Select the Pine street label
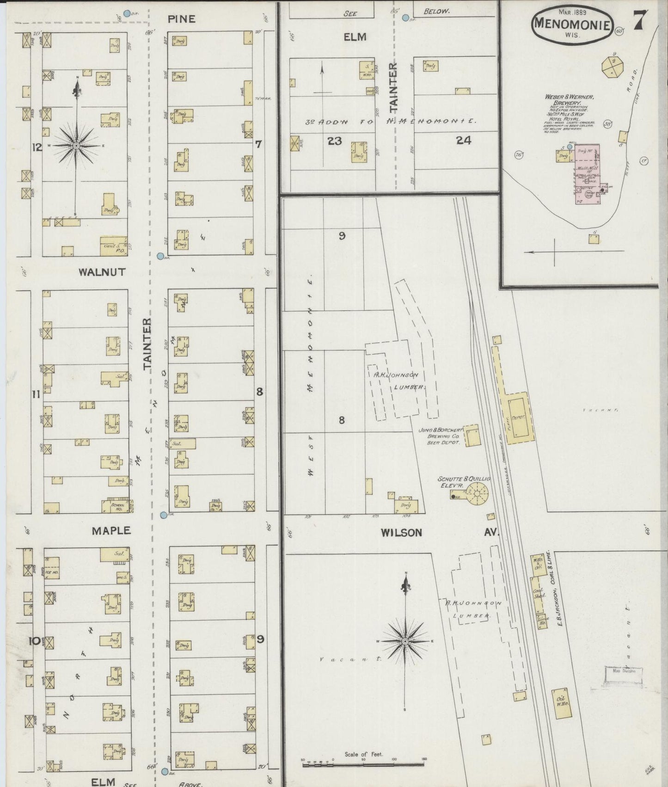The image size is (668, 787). pos(181,19)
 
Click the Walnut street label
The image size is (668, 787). pos(102,272)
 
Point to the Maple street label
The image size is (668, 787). pos(111,530)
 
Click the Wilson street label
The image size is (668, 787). pos(401,532)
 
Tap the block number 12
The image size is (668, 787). pos(37,148)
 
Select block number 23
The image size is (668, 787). pos(334,141)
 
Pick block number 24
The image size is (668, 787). pos(463,141)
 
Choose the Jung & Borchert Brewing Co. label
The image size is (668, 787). pos(440,436)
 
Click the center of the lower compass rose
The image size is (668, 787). pos(405,641)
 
